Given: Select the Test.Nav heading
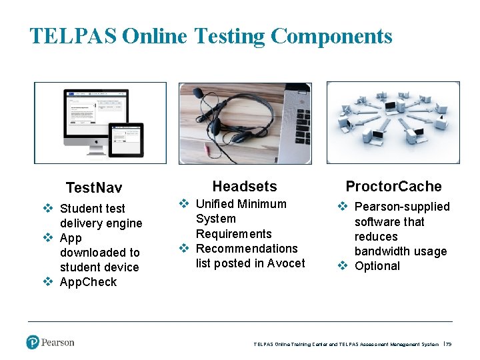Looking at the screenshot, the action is (94, 188).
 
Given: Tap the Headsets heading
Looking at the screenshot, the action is (245, 187).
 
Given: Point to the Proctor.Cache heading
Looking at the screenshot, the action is (393, 187).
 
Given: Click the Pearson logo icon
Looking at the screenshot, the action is (33, 343).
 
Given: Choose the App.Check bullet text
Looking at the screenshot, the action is (88, 282).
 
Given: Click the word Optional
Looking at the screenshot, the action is (377, 266).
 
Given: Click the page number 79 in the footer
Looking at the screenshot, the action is (449, 345).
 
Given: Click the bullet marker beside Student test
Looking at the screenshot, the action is (47, 209).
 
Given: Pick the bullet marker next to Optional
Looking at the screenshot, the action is (342, 266).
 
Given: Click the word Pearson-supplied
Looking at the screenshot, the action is (402, 207).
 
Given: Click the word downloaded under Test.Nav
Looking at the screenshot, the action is (100, 253).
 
